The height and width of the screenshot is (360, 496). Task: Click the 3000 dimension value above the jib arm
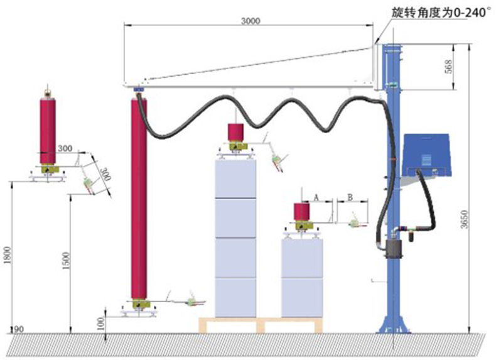(251, 21)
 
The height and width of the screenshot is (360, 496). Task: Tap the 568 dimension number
(448, 67)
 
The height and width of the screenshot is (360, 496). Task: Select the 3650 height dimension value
(464, 219)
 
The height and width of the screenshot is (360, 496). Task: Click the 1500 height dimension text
(66, 261)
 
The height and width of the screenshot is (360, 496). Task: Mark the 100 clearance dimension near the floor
(101, 323)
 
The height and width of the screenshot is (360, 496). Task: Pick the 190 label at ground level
(16, 329)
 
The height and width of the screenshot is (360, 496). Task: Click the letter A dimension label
(316, 197)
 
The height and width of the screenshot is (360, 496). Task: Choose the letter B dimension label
(350, 197)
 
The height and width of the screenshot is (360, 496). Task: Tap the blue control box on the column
(427, 155)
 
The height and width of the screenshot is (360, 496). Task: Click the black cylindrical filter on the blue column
(394, 249)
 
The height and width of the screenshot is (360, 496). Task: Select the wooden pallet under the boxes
(261, 325)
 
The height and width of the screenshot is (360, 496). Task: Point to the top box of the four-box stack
(235, 178)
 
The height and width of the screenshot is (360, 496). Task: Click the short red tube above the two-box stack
(301, 212)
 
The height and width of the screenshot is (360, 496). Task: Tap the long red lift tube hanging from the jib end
(139, 199)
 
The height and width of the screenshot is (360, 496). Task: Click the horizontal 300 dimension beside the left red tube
(65, 148)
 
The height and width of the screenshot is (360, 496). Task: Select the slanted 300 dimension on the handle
(105, 174)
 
